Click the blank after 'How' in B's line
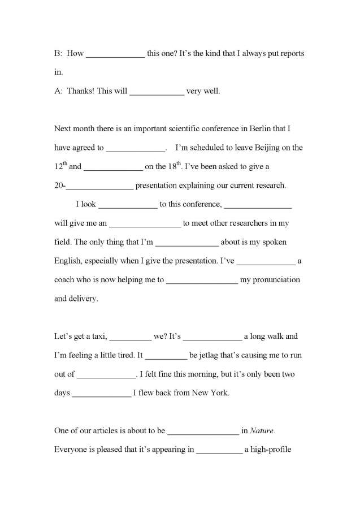point(115,54)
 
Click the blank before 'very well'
point(157,91)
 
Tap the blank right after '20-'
point(100,186)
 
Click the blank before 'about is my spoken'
point(186,243)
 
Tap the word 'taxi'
point(97,337)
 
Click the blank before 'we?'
point(130,337)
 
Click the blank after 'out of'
point(106,374)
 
